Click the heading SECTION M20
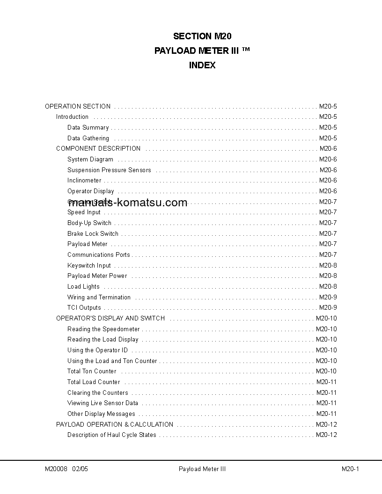click(x=202, y=36)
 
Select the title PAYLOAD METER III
click(x=202, y=51)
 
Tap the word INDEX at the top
click(x=202, y=65)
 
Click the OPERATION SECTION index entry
click(x=78, y=106)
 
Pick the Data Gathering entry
click(x=88, y=138)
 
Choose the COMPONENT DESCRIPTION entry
click(x=98, y=148)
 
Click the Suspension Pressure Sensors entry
click(x=109, y=170)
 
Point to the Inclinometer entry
click(x=84, y=180)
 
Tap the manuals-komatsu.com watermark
click(x=127, y=203)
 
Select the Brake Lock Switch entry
click(x=93, y=233)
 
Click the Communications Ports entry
click(x=99, y=254)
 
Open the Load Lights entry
click(x=83, y=286)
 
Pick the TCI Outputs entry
click(x=84, y=307)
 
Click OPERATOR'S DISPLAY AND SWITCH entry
click(x=110, y=318)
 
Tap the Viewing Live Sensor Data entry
click(x=103, y=403)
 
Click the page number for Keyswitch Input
click(x=328, y=265)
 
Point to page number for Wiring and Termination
click(x=328, y=297)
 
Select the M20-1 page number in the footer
click(x=350, y=469)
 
